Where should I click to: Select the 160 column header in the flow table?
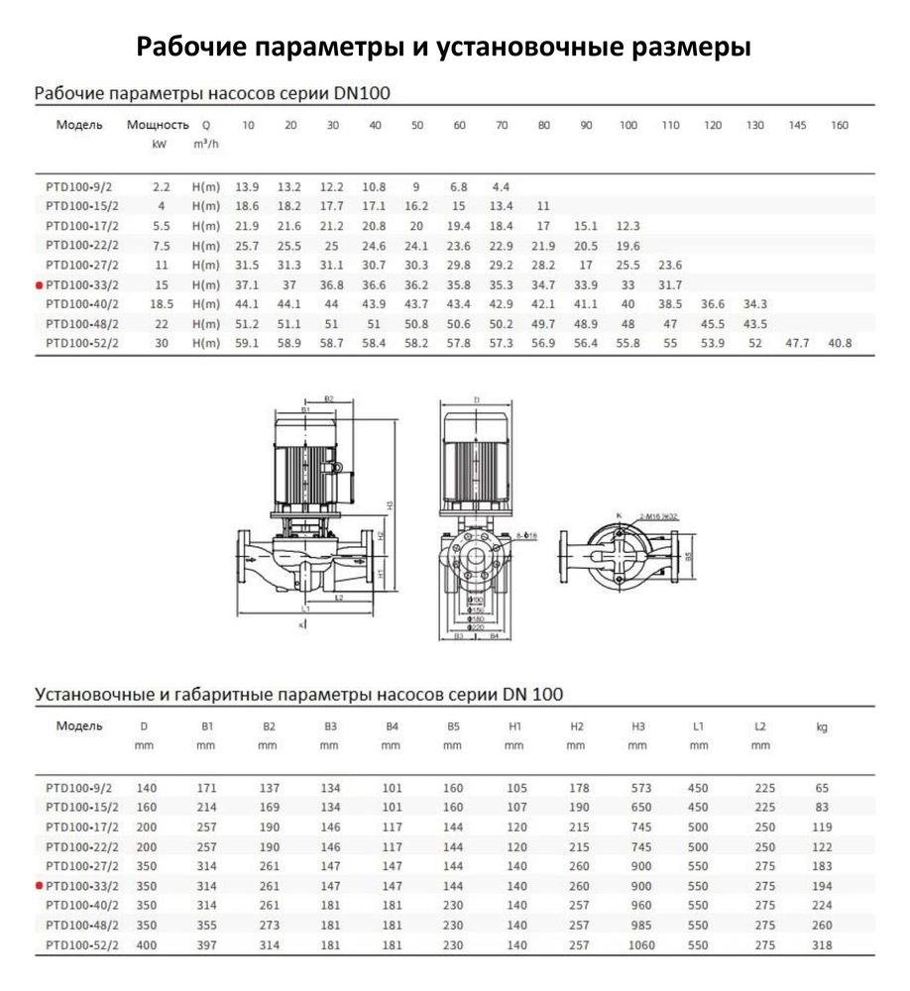point(840,126)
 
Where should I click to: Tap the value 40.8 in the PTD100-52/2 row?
point(840,343)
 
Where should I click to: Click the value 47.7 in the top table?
point(797,343)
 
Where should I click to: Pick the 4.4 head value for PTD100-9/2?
point(502,186)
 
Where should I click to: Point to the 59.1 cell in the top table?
point(247,343)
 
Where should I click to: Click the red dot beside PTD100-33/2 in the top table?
point(39,284)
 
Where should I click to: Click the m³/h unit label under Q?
point(206,146)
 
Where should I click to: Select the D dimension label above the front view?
point(476,400)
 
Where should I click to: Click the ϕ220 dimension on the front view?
point(477,627)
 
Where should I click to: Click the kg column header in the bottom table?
point(821,727)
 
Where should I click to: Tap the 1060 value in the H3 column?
point(641,944)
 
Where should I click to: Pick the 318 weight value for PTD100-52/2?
point(821,944)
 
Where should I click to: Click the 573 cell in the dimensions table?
point(641,788)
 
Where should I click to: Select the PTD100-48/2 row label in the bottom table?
point(82,925)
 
